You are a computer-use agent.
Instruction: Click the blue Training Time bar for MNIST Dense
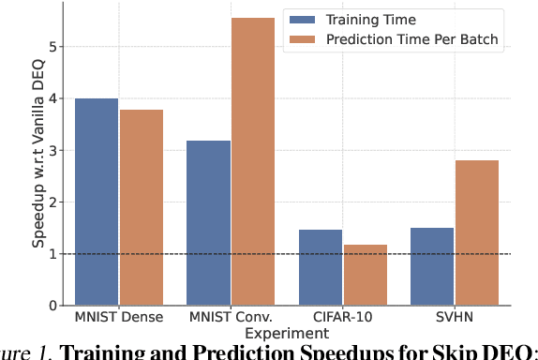click(97, 202)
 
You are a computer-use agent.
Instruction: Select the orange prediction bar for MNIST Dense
click(141, 207)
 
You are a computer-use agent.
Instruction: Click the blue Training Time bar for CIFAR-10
click(320, 267)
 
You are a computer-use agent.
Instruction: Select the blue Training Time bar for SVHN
click(431, 266)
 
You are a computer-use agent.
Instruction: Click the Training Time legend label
click(364, 19)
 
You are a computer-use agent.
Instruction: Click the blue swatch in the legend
click(304, 19)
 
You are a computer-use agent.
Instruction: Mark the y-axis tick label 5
click(52, 47)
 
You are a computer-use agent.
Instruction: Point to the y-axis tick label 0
click(52, 306)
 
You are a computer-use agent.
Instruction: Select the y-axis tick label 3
click(52, 150)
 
